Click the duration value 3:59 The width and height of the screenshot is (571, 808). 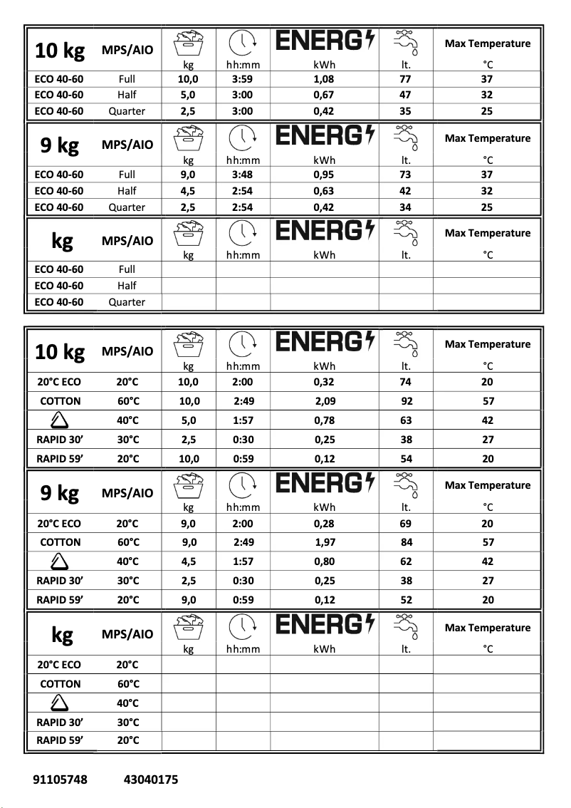tap(243, 79)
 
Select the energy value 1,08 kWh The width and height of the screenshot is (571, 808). tap(324, 79)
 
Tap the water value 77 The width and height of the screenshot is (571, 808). tap(406, 79)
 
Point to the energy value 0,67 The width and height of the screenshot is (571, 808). tap(324, 95)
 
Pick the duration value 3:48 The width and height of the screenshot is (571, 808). tap(243, 175)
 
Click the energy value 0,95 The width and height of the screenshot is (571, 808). tap(324, 175)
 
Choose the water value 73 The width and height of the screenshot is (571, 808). tap(406, 175)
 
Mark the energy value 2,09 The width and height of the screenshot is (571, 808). tap(326, 401)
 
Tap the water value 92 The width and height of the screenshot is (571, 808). tap(407, 401)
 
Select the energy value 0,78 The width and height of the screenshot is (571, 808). tap(325, 420)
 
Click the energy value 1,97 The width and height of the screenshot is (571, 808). tap(325, 542)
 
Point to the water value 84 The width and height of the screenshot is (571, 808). tap(407, 542)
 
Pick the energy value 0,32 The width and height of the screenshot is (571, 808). tap(324, 382)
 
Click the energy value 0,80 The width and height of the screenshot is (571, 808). tap(325, 561)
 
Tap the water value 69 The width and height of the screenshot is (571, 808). tap(406, 523)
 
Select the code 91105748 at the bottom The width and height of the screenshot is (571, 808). tap(61, 779)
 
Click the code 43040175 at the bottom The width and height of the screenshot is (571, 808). tap(151, 779)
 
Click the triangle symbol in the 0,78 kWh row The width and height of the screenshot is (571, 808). tap(60, 420)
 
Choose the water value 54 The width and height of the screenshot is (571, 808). tap(406, 459)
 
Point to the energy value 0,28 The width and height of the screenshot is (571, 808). tap(324, 523)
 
